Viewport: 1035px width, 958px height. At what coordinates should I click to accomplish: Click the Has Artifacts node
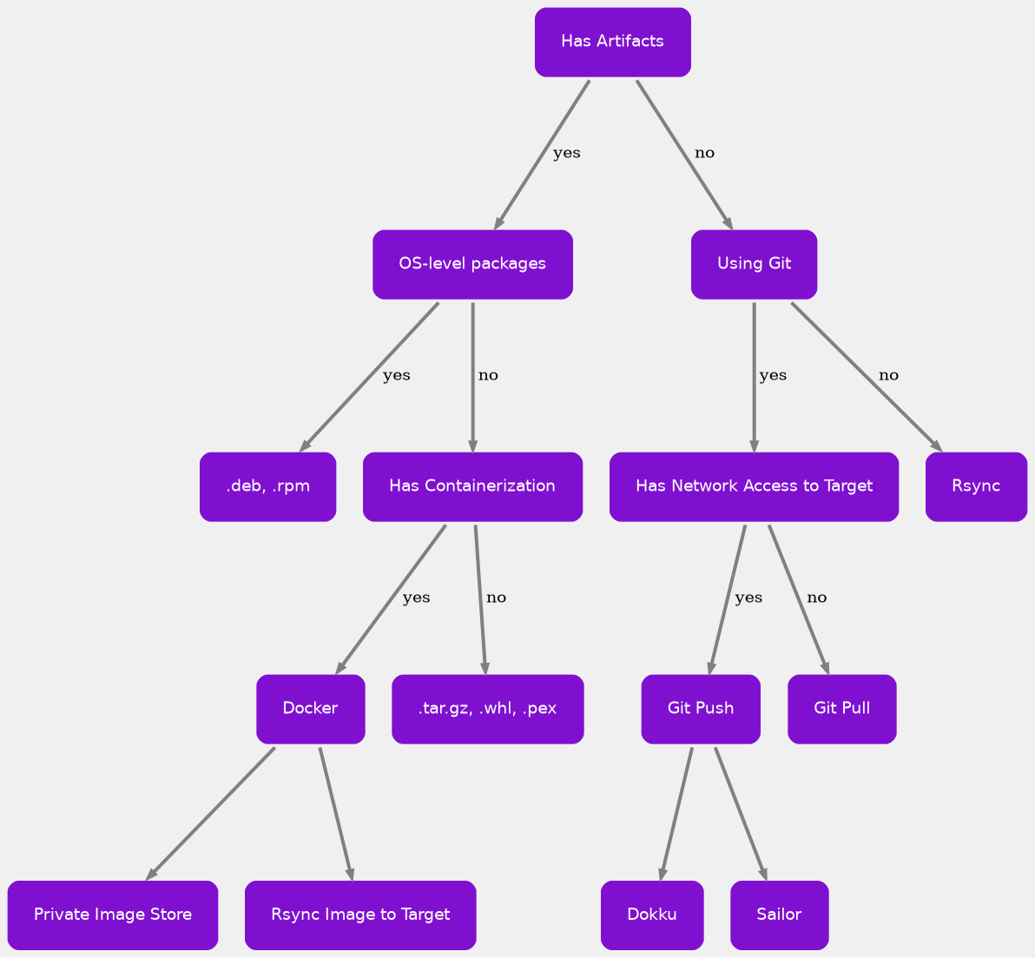pyautogui.click(x=612, y=42)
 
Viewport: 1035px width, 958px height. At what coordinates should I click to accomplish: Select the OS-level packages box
pyautogui.click(x=472, y=264)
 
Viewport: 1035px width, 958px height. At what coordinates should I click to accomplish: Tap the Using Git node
pyautogui.click(x=754, y=264)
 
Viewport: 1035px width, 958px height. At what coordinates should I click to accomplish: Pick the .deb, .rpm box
pyautogui.click(x=267, y=486)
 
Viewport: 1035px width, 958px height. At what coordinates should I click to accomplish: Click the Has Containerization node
pyautogui.click(x=472, y=486)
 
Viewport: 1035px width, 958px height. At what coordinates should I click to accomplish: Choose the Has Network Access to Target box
pyautogui.click(x=754, y=486)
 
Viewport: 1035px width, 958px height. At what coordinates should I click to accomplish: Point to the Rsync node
pyautogui.click(x=976, y=486)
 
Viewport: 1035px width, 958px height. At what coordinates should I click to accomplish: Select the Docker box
pyautogui.click(x=310, y=709)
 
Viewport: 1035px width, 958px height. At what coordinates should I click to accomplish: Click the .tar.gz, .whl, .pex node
pyautogui.click(x=487, y=709)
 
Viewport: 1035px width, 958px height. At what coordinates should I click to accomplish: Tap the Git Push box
pyautogui.click(x=701, y=709)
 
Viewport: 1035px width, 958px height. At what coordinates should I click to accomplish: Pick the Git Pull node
pyautogui.click(x=841, y=709)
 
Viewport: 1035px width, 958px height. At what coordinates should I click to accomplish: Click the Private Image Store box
pyautogui.click(x=113, y=915)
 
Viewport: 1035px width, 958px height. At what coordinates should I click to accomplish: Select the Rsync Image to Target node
pyautogui.click(x=360, y=915)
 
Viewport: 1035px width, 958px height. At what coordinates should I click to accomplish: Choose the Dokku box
pyautogui.click(x=652, y=915)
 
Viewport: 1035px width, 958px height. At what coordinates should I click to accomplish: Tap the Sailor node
pyautogui.click(x=779, y=915)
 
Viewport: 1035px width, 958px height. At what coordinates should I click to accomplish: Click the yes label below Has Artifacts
pyautogui.click(x=566, y=154)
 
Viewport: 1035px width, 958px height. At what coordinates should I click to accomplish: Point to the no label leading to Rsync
pyautogui.click(x=888, y=376)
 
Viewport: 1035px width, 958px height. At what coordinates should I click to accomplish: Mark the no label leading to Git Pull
pyautogui.click(x=817, y=598)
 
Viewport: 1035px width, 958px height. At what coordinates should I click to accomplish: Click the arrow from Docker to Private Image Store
pyautogui.click(x=211, y=812)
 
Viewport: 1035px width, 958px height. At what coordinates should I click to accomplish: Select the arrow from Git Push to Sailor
pyautogui.click(x=740, y=812)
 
